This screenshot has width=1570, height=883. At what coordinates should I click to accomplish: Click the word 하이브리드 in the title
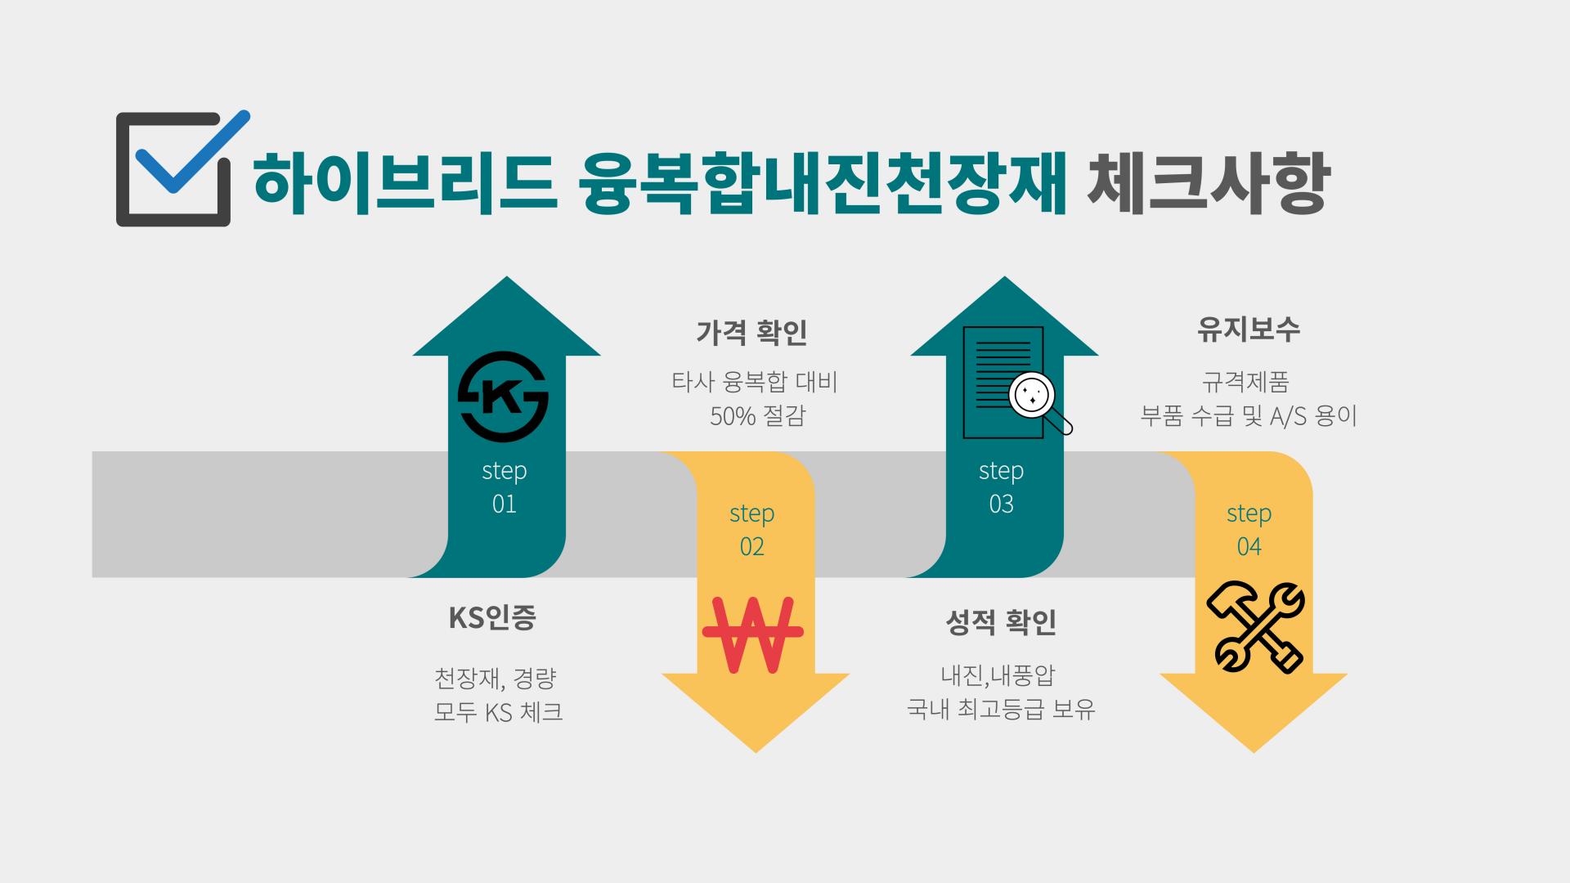pyautogui.click(x=406, y=182)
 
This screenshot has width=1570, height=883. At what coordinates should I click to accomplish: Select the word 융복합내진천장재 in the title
pyautogui.click(x=823, y=182)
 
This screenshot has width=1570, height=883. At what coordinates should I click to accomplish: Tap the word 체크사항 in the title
pyautogui.click(x=1208, y=182)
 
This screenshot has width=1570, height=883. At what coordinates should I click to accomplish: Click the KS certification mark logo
pyautogui.click(x=503, y=397)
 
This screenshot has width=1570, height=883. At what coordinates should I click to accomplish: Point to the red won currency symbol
pyautogui.click(x=753, y=634)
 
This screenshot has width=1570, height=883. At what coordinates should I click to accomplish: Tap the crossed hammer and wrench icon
pyautogui.click(x=1256, y=627)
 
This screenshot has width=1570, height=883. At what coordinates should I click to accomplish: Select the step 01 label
pyautogui.click(x=505, y=486)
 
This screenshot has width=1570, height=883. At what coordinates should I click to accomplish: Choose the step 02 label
pyautogui.click(x=752, y=529)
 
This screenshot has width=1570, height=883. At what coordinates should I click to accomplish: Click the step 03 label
pyautogui.click(x=1002, y=486)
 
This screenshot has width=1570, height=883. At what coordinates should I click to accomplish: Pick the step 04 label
pyautogui.click(x=1249, y=529)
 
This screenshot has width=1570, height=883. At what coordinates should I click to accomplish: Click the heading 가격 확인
pyautogui.click(x=752, y=333)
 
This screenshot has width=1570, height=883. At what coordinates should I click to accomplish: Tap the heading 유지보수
pyautogui.click(x=1249, y=329)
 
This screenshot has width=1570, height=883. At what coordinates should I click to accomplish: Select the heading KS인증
pyautogui.click(x=492, y=617)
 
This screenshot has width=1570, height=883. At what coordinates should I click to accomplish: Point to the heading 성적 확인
pyautogui.click(x=1001, y=623)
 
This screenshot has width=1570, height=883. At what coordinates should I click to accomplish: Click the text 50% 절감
pyautogui.click(x=757, y=416)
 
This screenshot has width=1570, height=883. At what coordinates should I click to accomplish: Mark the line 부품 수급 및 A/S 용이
pyautogui.click(x=1249, y=416)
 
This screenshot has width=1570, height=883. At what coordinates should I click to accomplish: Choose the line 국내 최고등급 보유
pyautogui.click(x=1001, y=709)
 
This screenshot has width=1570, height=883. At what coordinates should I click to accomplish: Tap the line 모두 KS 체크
pyautogui.click(x=498, y=712)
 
